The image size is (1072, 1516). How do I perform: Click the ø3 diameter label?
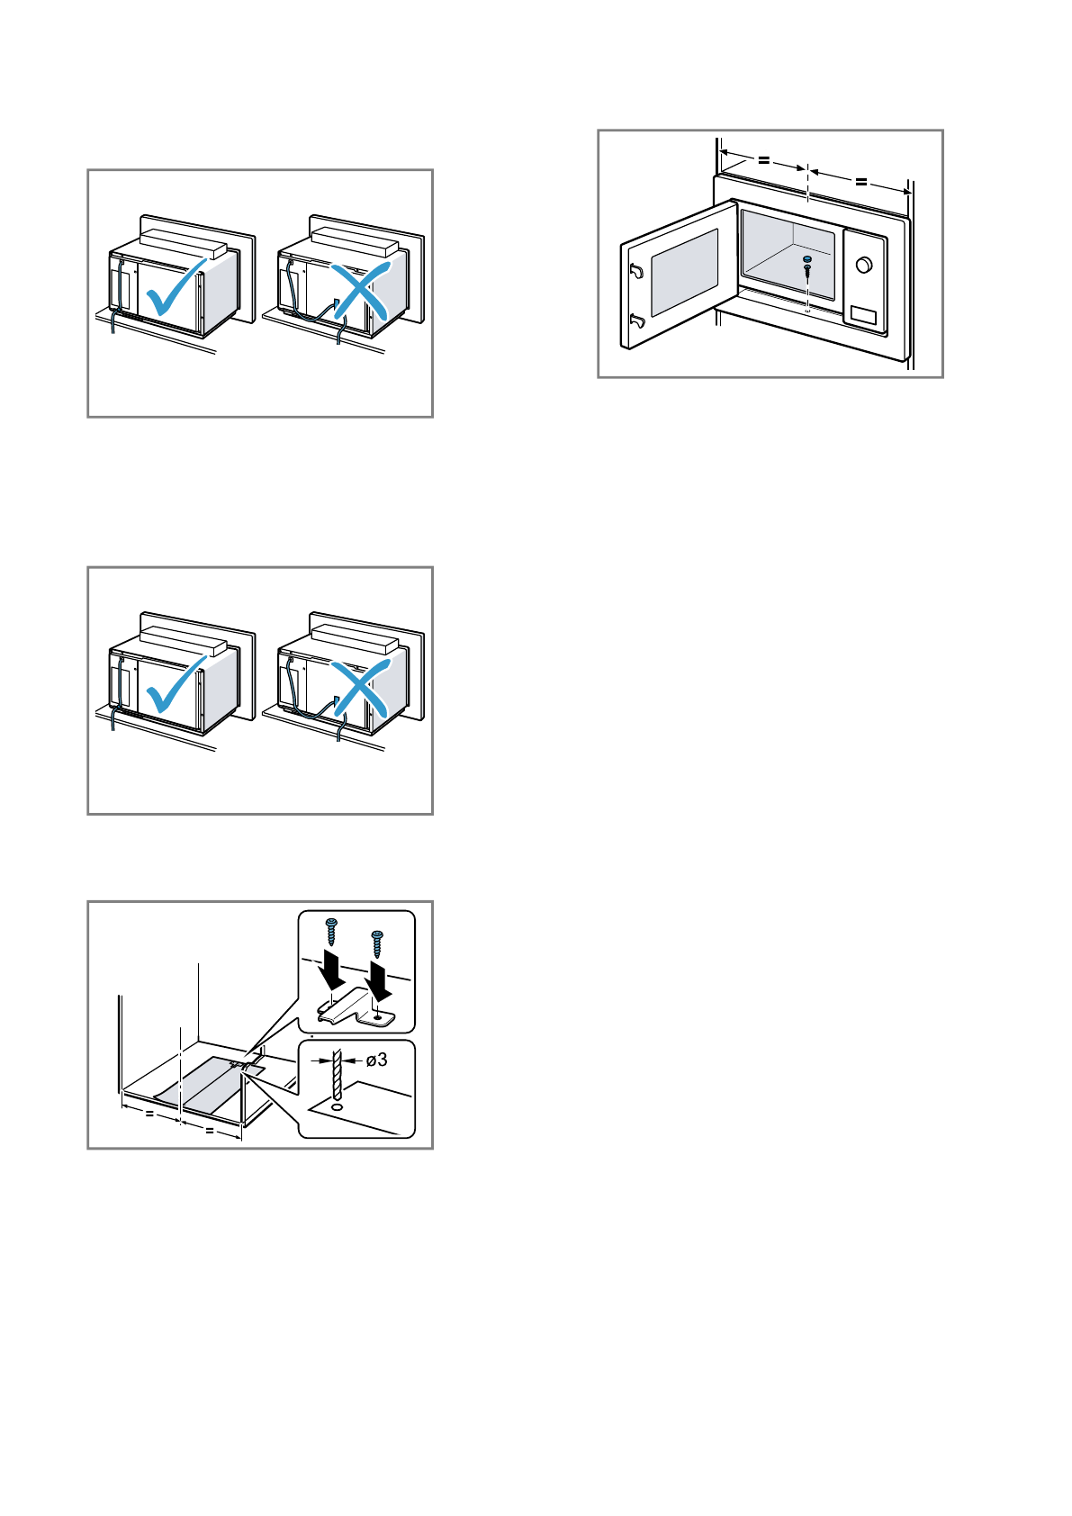(x=377, y=1060)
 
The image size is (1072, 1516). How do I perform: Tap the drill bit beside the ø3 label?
(x=338, y=1070)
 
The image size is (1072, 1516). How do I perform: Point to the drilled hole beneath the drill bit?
(x=337, y=1105)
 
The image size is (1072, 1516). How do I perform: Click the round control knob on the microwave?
(x=863, y=265)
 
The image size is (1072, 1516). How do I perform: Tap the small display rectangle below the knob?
(x=863, y=315)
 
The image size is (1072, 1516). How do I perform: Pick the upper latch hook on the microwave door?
(x=636, y=270)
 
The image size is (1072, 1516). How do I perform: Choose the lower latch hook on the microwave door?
(x=637, y=320)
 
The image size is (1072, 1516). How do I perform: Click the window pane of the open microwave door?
(x=684, y=271)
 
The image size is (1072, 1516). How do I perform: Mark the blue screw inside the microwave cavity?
(x=807, y=264)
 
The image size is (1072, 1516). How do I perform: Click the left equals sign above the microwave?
(x=763, y=159)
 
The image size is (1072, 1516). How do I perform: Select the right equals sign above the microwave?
(x=861, y=181)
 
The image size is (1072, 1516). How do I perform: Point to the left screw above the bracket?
(x=330, y=929)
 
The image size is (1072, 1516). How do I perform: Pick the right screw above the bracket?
(x=377, y=943)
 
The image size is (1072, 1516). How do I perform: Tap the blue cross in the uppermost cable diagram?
(x=360, y=291)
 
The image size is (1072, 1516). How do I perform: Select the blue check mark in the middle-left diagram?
(x=176, y=686)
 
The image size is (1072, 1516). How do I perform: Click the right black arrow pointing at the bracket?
(x=381, y=981)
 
